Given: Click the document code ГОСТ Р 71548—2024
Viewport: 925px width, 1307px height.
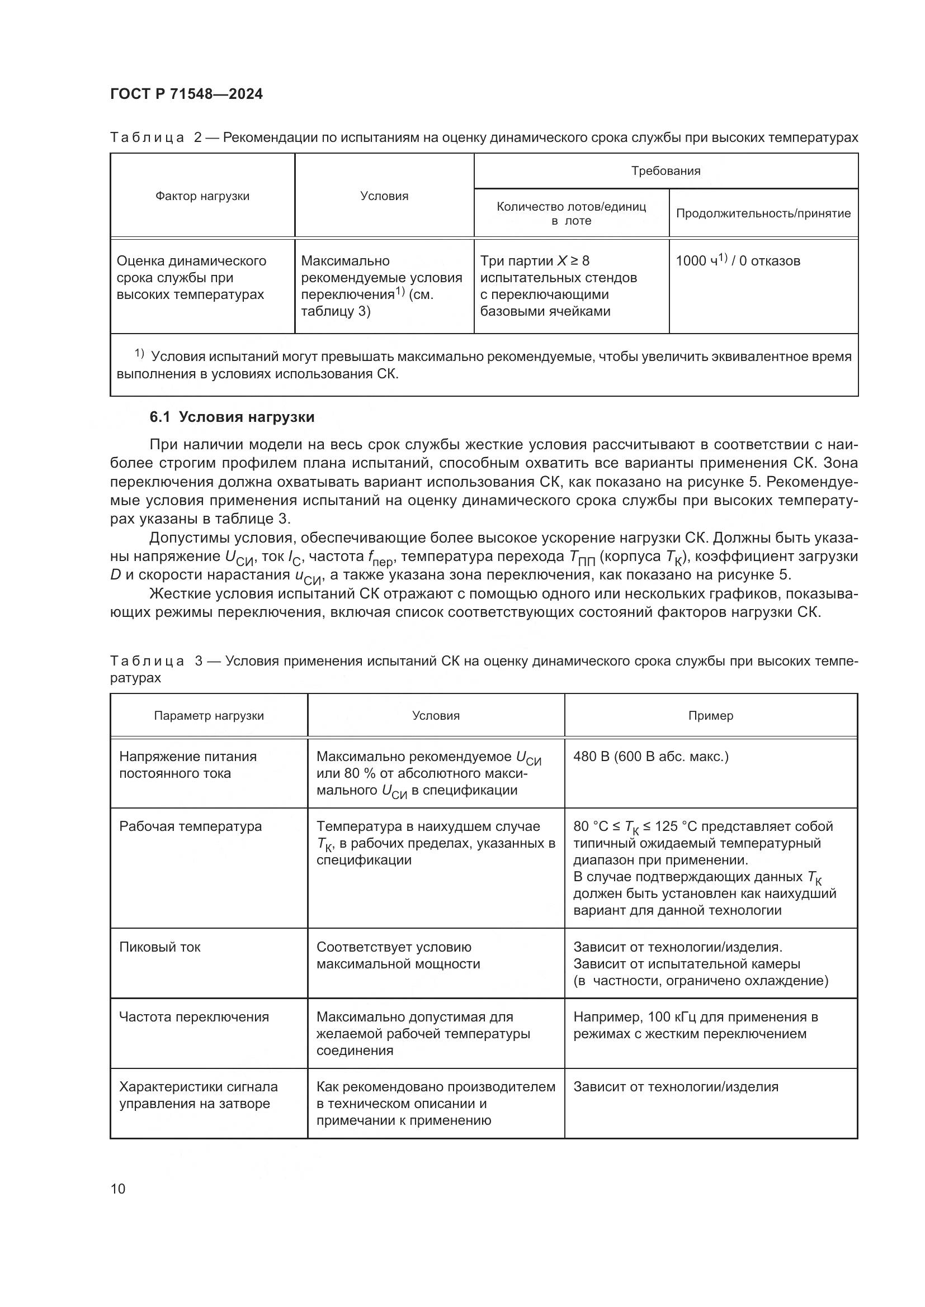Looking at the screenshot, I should click(x=186, y=94).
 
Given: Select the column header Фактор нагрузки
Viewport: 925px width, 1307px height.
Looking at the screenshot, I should click(x=202, y=196).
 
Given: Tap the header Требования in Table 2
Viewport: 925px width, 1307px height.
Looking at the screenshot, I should click(x=666, y=171).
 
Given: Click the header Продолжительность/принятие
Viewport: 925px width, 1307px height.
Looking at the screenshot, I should click(x=763, y=213).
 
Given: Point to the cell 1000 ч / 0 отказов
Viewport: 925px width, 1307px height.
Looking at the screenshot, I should click(x=738, y=262).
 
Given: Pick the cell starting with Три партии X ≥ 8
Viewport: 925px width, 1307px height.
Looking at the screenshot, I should click(x=558, y=286).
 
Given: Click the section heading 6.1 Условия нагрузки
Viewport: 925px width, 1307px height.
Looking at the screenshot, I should click(x=232, y=417).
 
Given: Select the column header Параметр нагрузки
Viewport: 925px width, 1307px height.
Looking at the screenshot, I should click(x=209, y=716).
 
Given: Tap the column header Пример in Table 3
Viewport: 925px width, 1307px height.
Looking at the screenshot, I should click(x=710, y=716).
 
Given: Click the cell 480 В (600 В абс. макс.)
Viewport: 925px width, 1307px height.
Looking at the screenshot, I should click(x=650, y=757).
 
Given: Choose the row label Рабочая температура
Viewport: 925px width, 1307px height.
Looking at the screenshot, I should click(x=190, y=826).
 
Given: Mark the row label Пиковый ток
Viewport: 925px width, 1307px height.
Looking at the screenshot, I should click(x=159, y=947).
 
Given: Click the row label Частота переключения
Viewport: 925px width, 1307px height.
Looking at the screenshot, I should click(x=194, y=1016).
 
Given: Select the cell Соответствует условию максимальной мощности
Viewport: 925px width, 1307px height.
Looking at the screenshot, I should click(x=398, y=955).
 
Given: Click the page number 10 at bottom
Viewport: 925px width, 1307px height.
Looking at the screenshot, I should click(x=118, y=1189).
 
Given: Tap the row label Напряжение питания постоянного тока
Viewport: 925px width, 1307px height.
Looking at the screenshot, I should click(x=187, y=764).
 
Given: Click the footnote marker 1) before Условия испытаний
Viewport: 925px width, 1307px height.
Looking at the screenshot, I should click(x=140, y=354).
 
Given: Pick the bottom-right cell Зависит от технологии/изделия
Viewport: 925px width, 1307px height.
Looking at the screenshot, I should click(x=676, y=1087).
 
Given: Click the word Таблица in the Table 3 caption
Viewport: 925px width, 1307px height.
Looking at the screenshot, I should click(x=147, y=661).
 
